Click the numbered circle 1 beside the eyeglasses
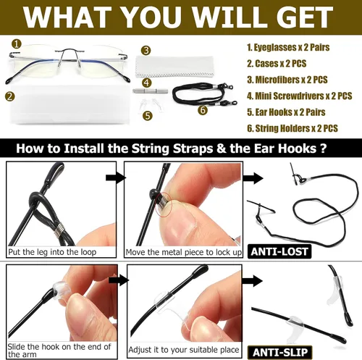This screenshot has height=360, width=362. [17, 44]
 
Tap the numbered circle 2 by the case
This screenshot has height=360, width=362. [9, 96]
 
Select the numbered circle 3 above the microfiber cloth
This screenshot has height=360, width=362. [146, 51]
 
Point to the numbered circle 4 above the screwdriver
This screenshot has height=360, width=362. [147, 83]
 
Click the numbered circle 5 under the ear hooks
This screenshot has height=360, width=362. [148, 116]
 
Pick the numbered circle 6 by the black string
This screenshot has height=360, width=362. [203, 110]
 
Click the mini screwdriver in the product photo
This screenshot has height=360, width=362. [151, 91]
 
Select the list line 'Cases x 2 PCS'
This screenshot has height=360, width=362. [277, 64]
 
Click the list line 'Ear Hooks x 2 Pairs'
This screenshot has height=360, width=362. [286, 112]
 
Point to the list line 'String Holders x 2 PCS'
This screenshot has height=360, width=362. [292, 128]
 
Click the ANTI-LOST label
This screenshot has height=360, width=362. [279, 251]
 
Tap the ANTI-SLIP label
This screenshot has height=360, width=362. [280, 352]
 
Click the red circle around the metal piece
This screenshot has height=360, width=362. [164, 204]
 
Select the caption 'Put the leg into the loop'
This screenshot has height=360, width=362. [52, 252]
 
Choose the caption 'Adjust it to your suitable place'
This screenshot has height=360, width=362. [184, 350]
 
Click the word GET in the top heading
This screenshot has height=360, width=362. [305, 17]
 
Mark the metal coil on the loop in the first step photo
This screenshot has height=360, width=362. [59, 229]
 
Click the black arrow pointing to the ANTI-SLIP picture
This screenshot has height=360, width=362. [253, 281]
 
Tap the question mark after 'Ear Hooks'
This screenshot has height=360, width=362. [323, 148]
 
